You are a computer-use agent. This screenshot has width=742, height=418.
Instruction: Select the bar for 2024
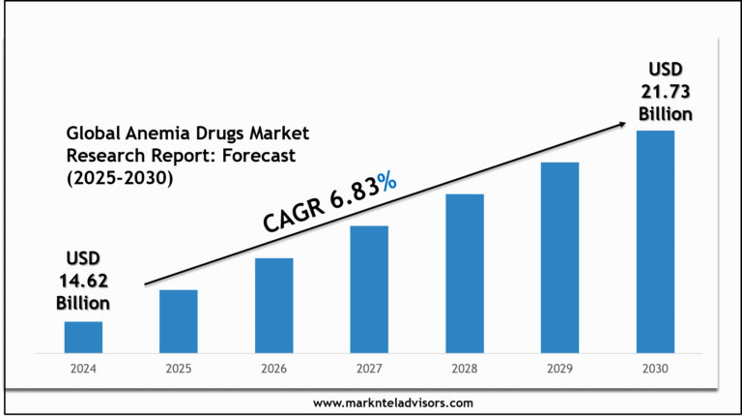pyautogui.click(x=83, y=337)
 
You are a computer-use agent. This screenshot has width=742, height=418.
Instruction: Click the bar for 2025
pyautogui.click(x=178, y=320)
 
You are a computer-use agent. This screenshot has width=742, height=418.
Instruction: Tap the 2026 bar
pyautogui.click(x=273, y=305)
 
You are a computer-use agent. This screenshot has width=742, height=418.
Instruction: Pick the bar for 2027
pyautogui.click(x=369, y=288)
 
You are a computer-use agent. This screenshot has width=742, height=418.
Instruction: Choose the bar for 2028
pyautogui.click(x=465, y=273)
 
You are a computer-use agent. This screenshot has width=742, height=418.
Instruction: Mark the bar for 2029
pyautogui.click(x=559, y=256)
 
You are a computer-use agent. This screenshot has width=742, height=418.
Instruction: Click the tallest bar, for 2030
pyautogui.click(x=655, y=241)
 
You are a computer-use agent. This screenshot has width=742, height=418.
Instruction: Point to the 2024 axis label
pyautogui.click(x=83, y=369)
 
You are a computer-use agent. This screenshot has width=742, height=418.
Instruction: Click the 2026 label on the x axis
pyautogui.click(x=273, y=369)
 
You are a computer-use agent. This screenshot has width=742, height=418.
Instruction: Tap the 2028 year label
pyautogui.click(x=465, y=369)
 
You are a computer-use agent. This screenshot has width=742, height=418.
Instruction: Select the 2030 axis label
pyautogui.click(x=655, y=369)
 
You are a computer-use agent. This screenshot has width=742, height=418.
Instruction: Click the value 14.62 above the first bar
pyautogui.click(x=82, y=281)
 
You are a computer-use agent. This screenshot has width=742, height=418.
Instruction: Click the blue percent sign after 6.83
pyautogui.click(x=386, y=179)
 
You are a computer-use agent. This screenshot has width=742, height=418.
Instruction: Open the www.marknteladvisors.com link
pyautogui.click(x=393, y=403)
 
